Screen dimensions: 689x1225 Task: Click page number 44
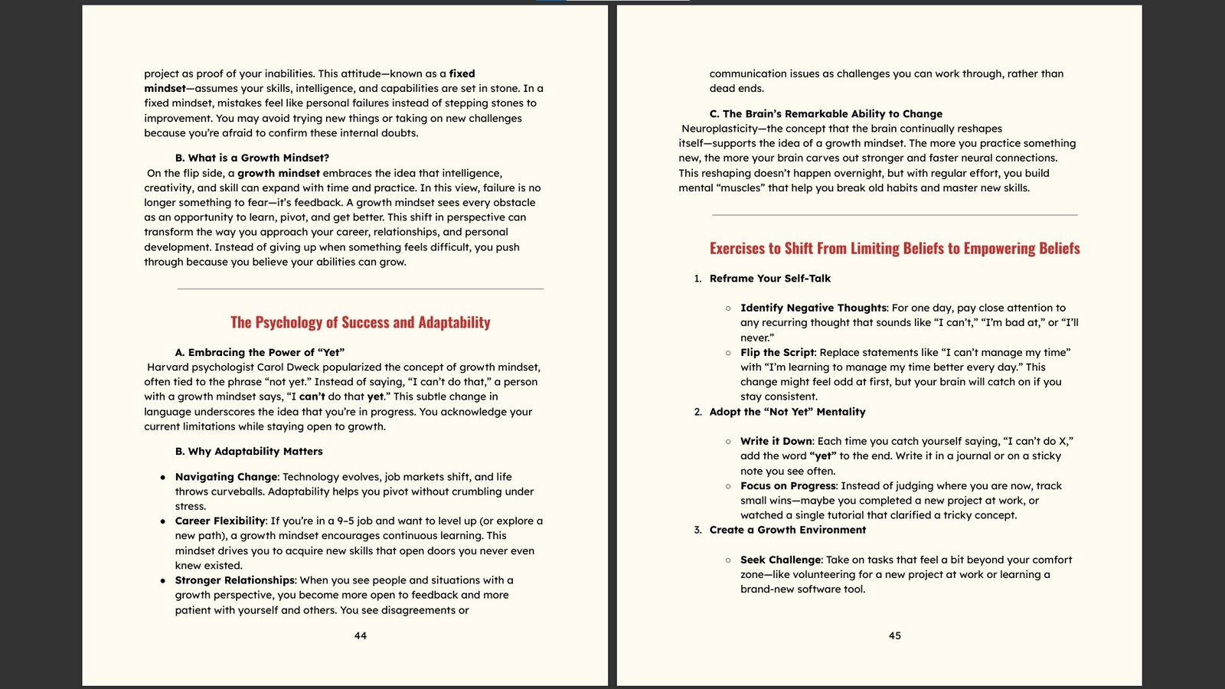(x=361, y=635)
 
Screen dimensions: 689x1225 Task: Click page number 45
(x=894, y=635)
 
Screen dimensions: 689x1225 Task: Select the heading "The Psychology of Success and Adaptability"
(x=361, y=322)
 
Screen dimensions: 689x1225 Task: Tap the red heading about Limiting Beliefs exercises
(x=894, y=248)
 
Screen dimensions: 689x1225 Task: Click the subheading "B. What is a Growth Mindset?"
(x=252, y=158)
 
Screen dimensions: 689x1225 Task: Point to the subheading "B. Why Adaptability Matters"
(x=249, y=452)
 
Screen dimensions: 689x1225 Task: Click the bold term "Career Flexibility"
(x=220, y=521)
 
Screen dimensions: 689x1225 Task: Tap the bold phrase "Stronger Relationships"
(x=235, y=580)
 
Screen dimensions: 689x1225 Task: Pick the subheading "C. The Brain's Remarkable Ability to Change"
(x=825, y=113)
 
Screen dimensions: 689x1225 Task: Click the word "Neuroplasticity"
(x=719, y=129)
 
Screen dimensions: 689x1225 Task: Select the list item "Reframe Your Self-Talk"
(x=769, y=279)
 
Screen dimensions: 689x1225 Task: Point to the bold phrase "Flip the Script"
(x=778, y=352)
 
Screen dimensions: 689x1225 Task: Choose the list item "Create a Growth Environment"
(x=787, y=530)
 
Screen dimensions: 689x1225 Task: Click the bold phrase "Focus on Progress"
(x=788, y=486)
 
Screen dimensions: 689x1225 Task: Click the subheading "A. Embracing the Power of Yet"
(x=260, y=352)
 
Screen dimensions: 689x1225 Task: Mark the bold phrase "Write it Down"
(x=776, y=441)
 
